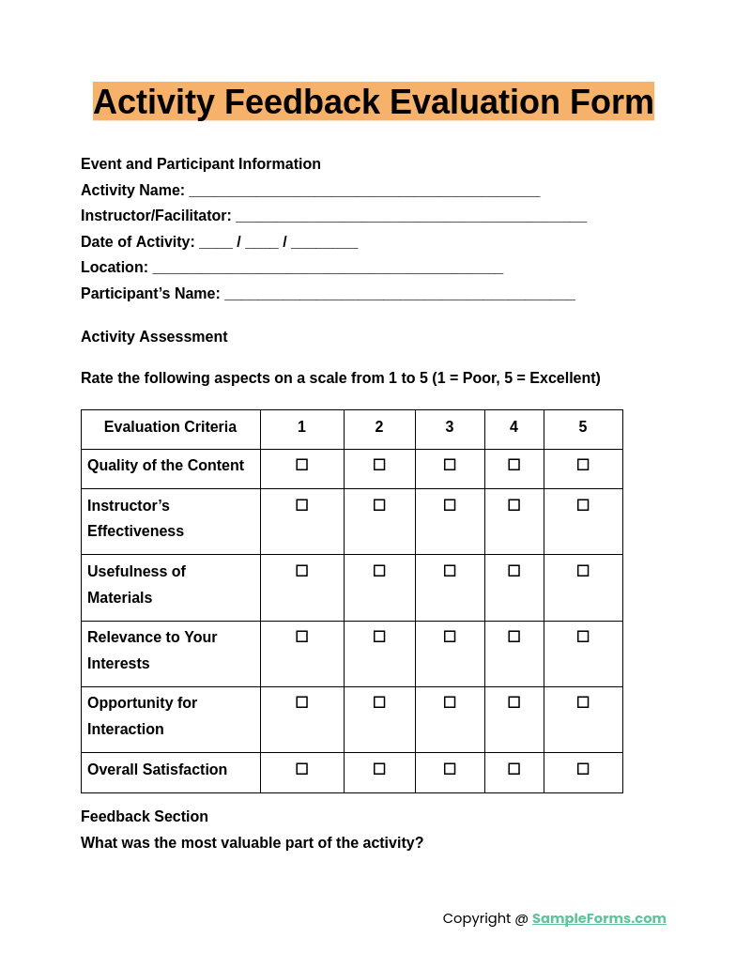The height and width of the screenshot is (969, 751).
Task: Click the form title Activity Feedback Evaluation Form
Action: pos(373,101)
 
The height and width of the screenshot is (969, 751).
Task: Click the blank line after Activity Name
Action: pos(364,192)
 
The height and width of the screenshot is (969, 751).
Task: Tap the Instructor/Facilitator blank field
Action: pos(410,217)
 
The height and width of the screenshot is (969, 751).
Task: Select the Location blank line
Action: pos(328,269)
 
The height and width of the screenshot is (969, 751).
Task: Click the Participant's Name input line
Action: pos(400,295)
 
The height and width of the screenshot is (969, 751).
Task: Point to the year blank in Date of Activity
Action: pos(324,243)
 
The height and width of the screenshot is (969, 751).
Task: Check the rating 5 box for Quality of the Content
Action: pos(583,465)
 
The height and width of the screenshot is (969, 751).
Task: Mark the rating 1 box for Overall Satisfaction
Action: pos(301,769)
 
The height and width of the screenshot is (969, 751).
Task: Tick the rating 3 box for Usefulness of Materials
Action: pos(450,571)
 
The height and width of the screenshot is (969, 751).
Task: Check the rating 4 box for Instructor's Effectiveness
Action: pos(513,505)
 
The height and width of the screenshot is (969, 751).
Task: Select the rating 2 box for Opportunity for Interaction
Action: pos(379,702)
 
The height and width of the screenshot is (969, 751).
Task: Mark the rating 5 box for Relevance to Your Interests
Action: pos(583,637)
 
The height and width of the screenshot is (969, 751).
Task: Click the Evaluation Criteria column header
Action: pos(170,427)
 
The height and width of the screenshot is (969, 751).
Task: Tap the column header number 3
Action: pos(450,427)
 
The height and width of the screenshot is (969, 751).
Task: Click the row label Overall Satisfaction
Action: pos(157,770)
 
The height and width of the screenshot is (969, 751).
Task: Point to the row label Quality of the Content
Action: pos(165,466)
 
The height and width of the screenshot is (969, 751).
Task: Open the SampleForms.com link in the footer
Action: pos(599,918)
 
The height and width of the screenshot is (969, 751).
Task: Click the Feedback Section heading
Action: pos(145,817)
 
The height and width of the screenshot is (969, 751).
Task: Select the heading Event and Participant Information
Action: pos(201,164)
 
